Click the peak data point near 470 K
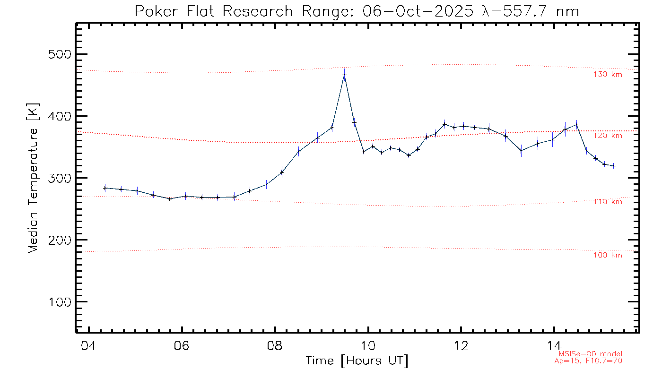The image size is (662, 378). [x=344, y=74]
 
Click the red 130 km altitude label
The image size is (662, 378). [x=608, y=74]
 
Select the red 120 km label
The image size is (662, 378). [x=608, y=136]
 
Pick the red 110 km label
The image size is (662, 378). [x=608, y=202]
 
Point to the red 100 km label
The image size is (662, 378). [x=608, y=255]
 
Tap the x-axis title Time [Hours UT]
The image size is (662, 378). [x=357, y=361]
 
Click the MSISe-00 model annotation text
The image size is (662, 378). [x=591, y=354]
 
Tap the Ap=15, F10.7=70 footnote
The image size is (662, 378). [x=588, y=361]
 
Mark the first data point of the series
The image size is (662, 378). [x=105, y=188]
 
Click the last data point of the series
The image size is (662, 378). [x=613, y=166]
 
